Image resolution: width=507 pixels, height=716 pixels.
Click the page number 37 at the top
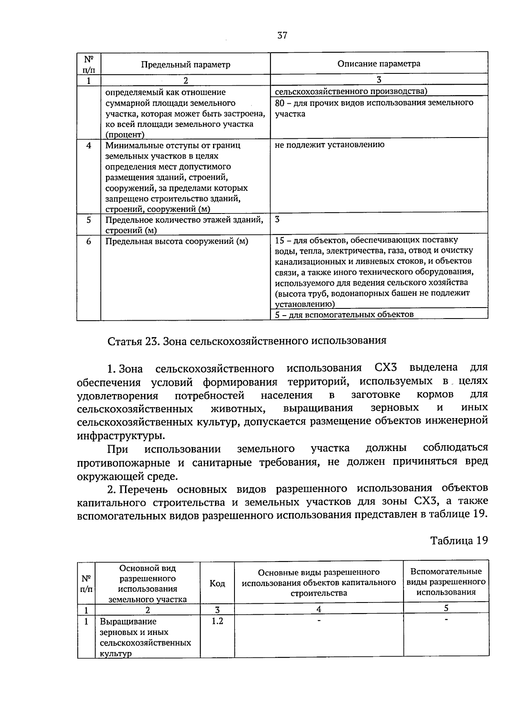282,36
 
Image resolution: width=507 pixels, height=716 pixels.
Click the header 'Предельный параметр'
185,65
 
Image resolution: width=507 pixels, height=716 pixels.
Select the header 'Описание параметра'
379,64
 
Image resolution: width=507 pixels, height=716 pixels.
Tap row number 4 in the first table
88,146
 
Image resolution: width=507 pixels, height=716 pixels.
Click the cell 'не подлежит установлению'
330,145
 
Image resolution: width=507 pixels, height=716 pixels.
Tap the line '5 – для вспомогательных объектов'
344,314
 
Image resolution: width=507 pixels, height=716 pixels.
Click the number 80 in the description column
279,103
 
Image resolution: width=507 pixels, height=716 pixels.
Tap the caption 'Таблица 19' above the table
459,540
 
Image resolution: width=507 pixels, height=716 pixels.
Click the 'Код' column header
217,583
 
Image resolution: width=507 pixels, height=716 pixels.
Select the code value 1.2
217,621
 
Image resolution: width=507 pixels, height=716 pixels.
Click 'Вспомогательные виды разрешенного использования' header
446,581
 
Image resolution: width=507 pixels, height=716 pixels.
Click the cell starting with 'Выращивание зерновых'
145,637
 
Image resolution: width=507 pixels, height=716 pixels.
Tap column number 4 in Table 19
319,609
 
